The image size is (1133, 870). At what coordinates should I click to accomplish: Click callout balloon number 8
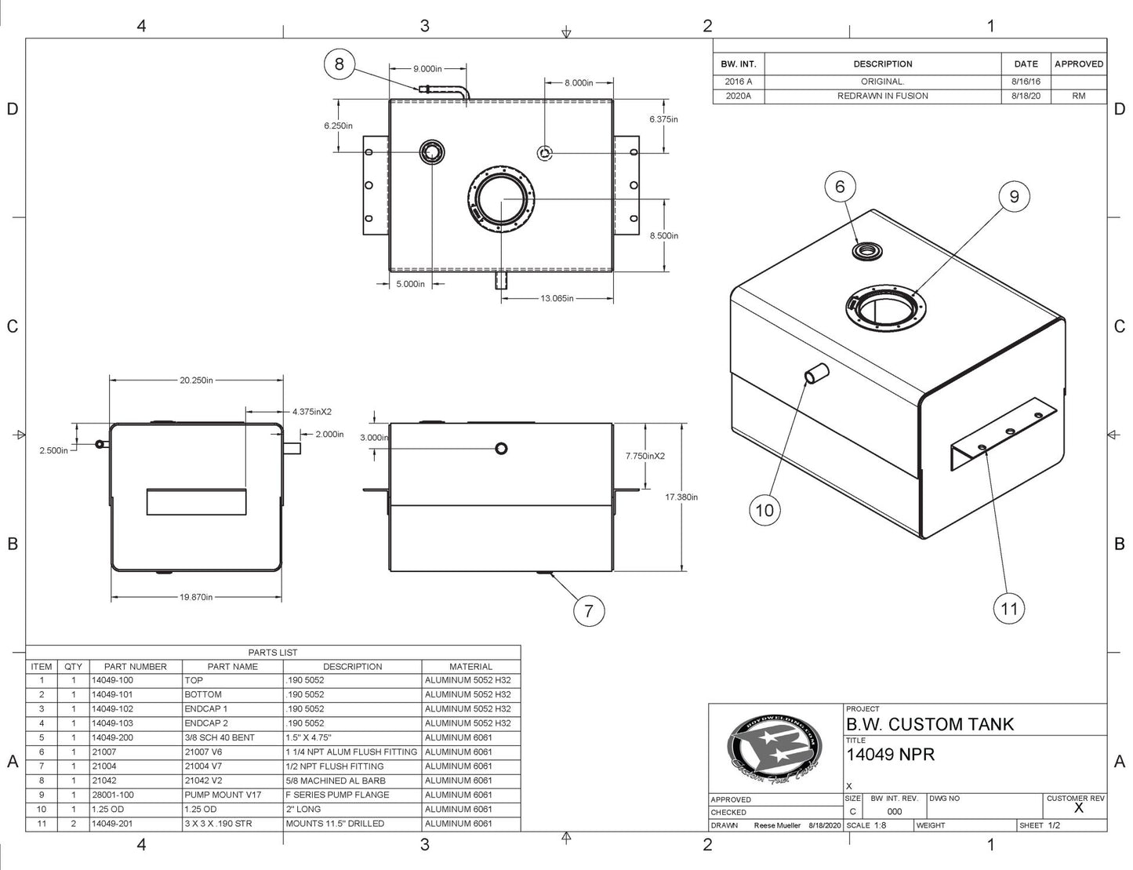[339, 64]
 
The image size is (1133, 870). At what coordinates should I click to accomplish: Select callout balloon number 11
[1009, 608]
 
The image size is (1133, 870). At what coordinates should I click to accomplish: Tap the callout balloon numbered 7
[589, 610]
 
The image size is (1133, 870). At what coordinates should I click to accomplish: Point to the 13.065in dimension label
[557, 298]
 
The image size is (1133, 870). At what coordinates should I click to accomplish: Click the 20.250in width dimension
[196, 380]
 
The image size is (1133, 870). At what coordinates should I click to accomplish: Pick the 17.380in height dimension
[681, 497]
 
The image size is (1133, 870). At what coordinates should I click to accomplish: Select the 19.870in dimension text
[196, 597]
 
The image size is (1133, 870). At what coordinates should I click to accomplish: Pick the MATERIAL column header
[470, 666]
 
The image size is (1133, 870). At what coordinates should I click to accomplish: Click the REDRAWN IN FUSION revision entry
[882, 96]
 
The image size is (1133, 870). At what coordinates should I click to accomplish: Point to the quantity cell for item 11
[74, 824]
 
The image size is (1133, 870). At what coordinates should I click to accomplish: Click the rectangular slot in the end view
[196, 502]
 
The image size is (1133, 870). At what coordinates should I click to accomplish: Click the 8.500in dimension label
[663, 235]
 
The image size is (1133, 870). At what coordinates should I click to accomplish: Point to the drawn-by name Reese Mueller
[777, 825]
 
